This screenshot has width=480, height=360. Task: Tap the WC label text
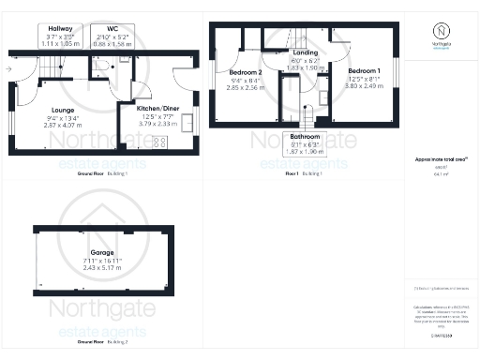click(112, 29)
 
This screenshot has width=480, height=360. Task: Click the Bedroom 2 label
click(246, 72)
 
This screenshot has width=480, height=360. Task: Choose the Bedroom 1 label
click(364, 71)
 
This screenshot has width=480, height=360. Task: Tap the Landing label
click(305, 53)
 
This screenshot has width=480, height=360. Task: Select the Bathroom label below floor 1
click(304, 137)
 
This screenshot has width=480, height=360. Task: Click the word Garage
click(102, 252)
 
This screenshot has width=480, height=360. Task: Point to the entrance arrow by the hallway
click(7, 69)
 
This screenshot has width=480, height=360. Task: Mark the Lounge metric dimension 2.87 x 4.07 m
click(63, 125)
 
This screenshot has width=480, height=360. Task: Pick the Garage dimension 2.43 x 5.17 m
click(102, 269)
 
